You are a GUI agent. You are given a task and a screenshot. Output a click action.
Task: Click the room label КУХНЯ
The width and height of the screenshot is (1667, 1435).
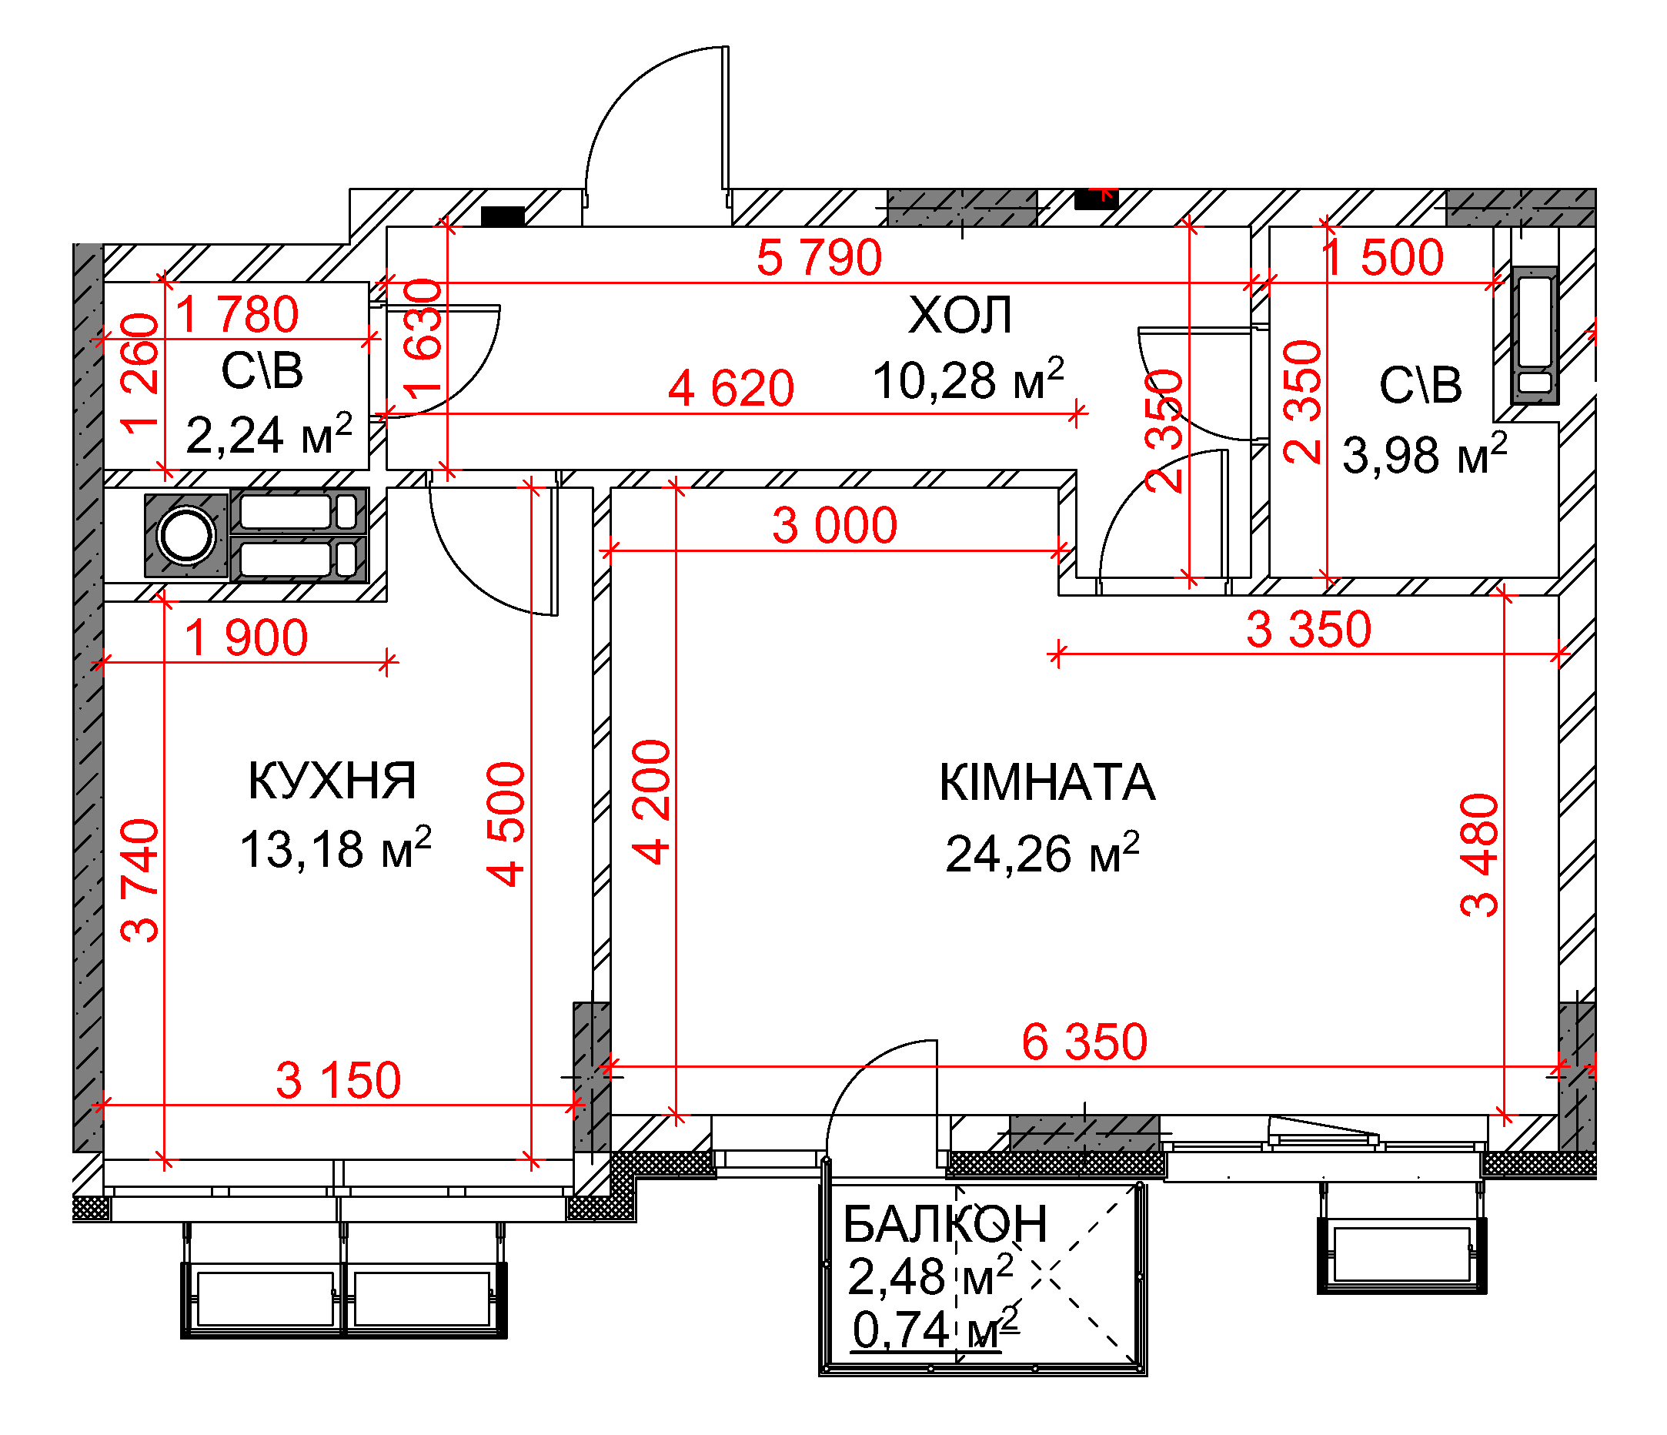332,780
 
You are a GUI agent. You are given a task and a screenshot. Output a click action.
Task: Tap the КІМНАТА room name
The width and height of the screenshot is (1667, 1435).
1047,782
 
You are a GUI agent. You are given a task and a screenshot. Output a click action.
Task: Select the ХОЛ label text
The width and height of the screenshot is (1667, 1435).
960,315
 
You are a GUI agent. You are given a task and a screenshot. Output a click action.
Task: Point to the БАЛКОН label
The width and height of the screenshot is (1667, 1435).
945,1224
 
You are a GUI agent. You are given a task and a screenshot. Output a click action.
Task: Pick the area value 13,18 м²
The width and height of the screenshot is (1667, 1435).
336,848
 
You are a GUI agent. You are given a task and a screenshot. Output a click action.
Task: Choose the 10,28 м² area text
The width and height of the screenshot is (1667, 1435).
969,379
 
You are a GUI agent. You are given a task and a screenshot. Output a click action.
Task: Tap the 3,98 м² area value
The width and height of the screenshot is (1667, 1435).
1425,453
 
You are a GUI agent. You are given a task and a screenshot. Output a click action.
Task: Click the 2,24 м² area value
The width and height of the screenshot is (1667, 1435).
269,435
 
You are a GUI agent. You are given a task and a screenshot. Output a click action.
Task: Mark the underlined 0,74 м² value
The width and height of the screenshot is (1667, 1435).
936,1330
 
